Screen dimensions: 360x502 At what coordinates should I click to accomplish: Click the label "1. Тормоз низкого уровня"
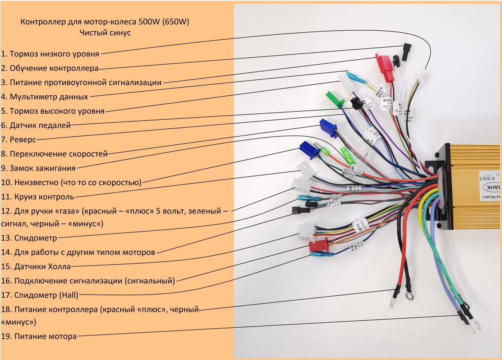pos(50,54)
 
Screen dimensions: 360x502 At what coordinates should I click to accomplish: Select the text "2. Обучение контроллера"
pos(50,68)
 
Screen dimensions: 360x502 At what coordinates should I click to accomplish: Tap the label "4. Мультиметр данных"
pos(44,97)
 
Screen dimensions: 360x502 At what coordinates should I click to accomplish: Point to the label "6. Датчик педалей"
pos(36,125)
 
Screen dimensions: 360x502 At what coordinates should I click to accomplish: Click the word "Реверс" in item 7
pos(23,139)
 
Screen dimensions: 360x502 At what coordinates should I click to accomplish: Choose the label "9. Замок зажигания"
pos(38,168)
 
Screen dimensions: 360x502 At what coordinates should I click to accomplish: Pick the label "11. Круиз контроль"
pos(37,197)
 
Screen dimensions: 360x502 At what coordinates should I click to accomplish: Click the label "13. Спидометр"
pos(29,238)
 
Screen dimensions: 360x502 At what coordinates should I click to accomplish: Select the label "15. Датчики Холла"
pos(36,267)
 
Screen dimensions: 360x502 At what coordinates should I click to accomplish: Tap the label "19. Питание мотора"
pos(38,337)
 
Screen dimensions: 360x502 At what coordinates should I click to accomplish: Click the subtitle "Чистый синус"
pos(105,33)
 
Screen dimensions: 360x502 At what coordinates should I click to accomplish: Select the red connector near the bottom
pos(319,245)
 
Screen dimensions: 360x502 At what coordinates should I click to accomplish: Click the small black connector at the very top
pos(407,49)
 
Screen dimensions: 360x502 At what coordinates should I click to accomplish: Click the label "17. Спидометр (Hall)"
pos(39,295)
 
